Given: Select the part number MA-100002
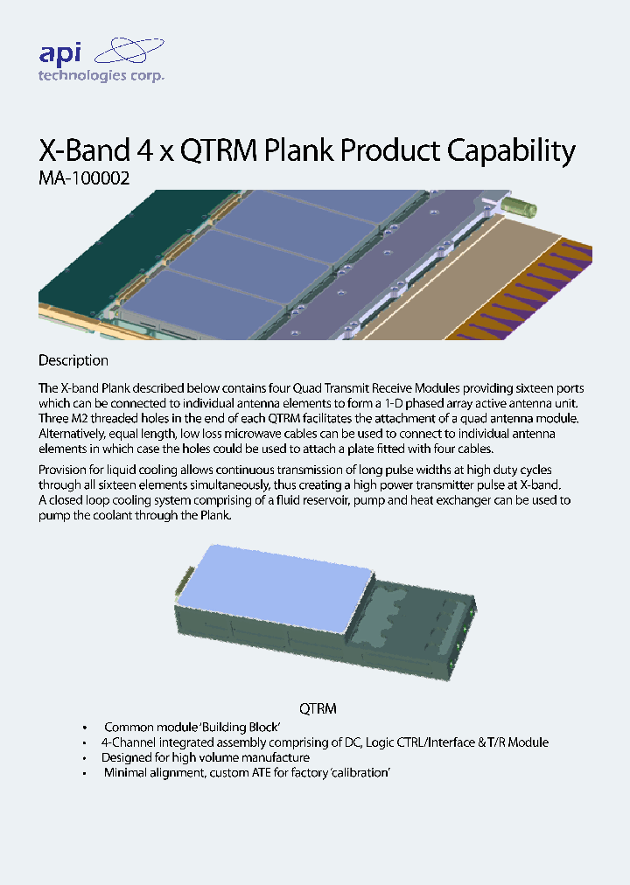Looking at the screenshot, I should [85, 178].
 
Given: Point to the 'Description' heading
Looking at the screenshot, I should [73, 360].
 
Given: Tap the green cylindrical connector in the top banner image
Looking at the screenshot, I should [522, 209].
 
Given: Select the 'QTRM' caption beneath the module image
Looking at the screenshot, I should [318, 708].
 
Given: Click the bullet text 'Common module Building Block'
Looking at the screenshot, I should [191, 728].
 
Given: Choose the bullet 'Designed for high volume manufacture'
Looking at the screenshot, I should [206, 757].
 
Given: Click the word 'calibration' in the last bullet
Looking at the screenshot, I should [356, 773].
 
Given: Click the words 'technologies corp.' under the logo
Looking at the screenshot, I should [101, 76].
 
